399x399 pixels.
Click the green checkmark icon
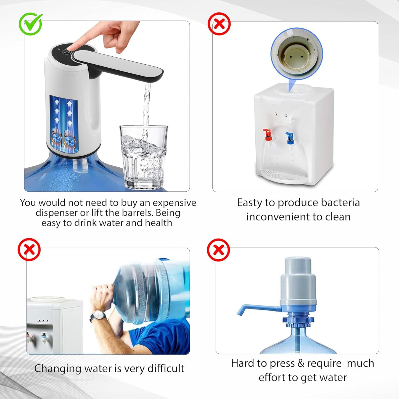(x=30, y=24)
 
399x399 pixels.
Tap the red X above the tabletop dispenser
(x=219, y=24)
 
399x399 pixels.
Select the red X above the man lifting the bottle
(x=29, y=250)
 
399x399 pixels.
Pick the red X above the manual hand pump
(x=218, y=250)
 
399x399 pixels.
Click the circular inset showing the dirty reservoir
(x=297, y=54)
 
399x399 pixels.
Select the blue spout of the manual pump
(x=257, y=308)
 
